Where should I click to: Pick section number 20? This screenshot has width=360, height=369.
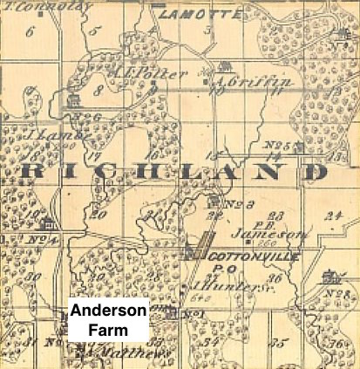pos(98,214)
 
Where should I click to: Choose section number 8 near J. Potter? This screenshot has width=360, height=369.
pos(98,90)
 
